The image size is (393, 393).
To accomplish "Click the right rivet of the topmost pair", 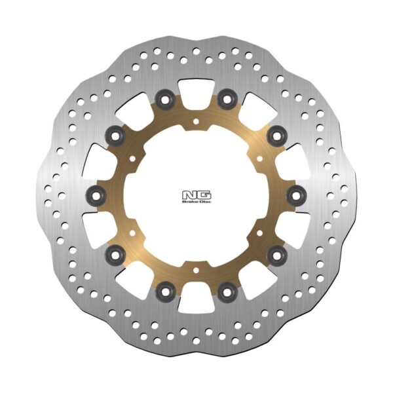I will pyautogui.click(x=227, y=100).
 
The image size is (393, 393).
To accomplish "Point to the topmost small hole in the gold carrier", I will pyautogui.click(x=196, y=121).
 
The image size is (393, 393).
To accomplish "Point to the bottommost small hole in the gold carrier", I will pyautogui.click(x=196, y=268).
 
